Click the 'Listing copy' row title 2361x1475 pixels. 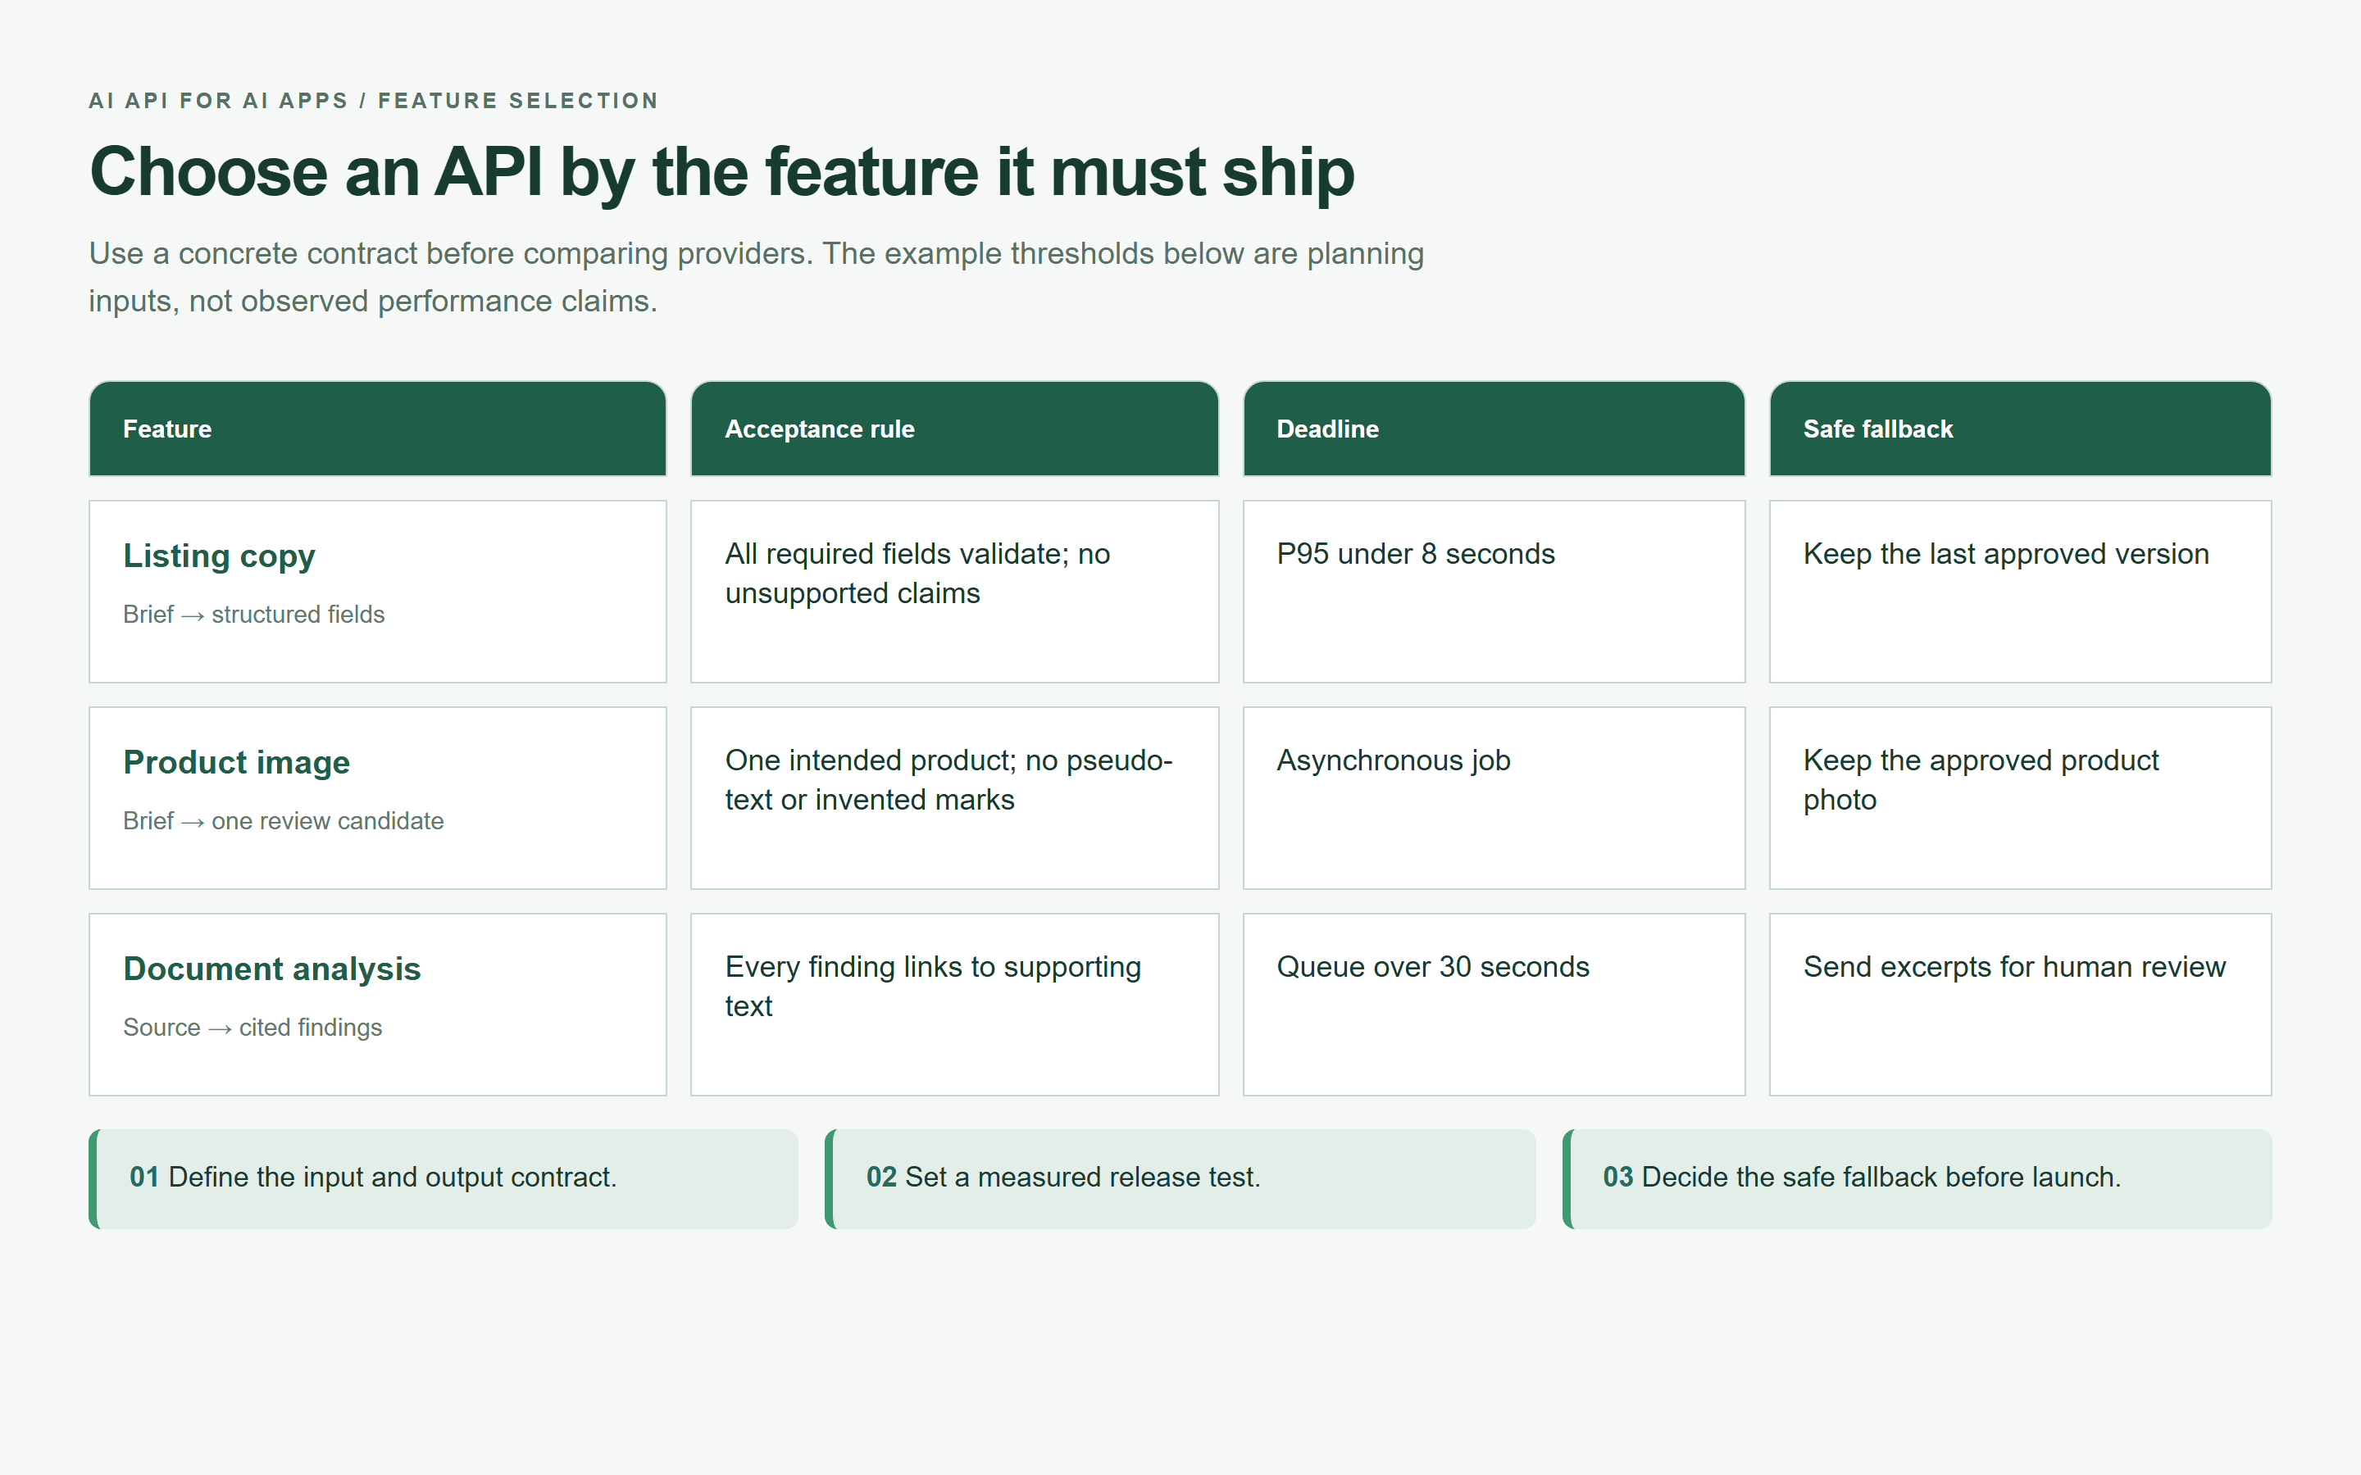tap(220, 556)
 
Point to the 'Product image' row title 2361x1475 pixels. tap(236, 762)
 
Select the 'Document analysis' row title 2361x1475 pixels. tap(272, 969)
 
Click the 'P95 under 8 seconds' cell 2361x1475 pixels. tap(1416, 554)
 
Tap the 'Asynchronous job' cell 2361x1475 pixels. tap(1393, 761)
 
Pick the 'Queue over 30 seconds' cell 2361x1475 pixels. tap(1433, 967)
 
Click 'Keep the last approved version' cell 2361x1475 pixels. tap(2006, 554)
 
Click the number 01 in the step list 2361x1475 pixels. tap(144, 1178)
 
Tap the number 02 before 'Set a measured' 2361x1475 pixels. tap(881, 1178)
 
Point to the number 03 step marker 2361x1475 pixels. tap(1617, 1178)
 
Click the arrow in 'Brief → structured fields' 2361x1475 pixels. tap(193, 615)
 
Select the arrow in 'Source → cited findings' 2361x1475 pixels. tap(221, 1029)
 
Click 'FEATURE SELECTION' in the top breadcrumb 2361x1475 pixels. tap(518, 101)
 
